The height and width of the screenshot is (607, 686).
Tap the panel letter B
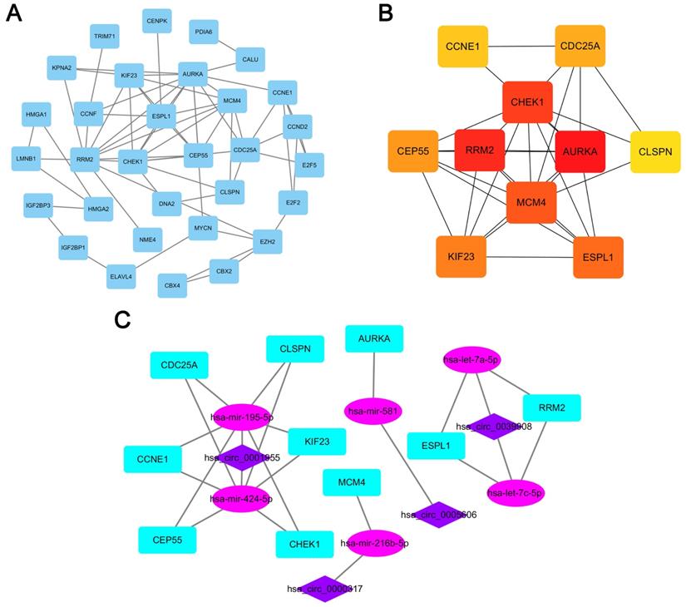(x=386, y=13)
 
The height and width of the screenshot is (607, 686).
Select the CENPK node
(x=157, y=21)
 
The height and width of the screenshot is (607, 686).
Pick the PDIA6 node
(x=204, y=32)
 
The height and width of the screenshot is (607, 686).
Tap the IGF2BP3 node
(x=37, y=205)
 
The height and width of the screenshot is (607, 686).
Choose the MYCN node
(x=202, y=226)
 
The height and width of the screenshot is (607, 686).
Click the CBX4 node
(x=172, y=285)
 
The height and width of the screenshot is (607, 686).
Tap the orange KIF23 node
(x=461, y=257)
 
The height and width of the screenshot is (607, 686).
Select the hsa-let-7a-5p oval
(x=471, y=360)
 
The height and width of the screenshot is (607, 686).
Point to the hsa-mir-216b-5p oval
(x=375, y=543)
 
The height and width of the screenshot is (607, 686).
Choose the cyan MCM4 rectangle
(x=352, y=483)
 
